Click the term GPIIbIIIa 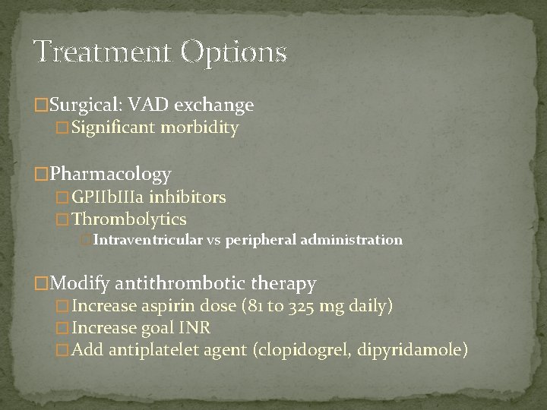(108, 198)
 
